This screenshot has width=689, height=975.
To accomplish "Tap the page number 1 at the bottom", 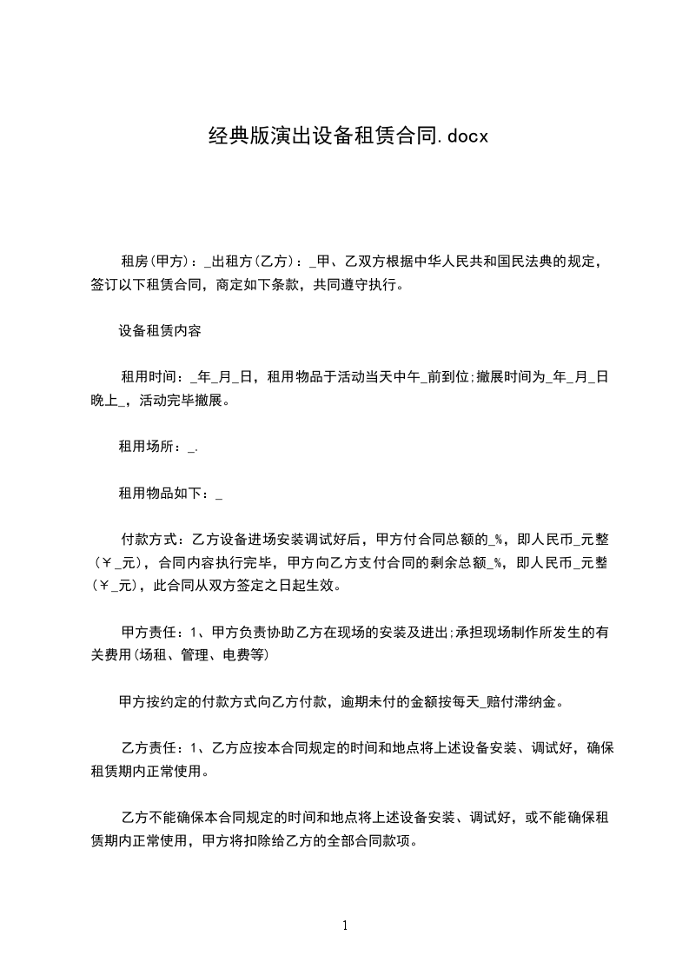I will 345,925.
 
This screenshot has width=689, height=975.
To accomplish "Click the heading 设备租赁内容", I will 160,330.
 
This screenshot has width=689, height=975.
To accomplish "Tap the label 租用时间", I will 149,377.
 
